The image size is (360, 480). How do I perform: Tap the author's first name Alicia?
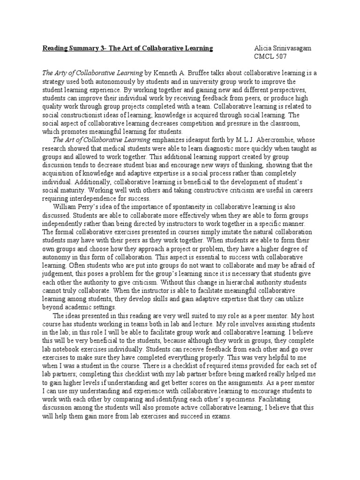[262, 48]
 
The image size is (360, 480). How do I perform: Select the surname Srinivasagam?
[294, 48]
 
